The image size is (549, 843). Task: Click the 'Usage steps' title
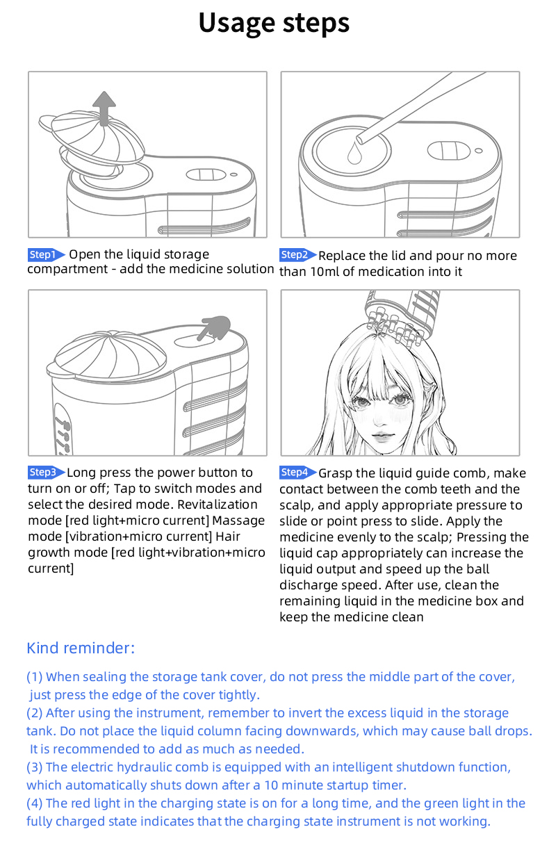click(274, 24)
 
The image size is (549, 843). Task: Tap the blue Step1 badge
click(47, 255)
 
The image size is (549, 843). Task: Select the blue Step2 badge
click(297, 255)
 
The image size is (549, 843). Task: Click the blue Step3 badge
click(47, 473)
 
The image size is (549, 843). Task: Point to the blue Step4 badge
click(297, 473)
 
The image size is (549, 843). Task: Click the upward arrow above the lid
click(104, 108)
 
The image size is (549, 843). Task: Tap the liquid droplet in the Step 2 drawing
click(354, 152)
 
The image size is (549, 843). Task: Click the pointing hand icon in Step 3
click(214, 327)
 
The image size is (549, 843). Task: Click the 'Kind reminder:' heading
click(81, 648)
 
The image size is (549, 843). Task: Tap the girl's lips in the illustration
click(382, 436)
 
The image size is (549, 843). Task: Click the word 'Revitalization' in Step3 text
click(218, 505)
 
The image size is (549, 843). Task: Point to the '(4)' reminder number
click(34, 803)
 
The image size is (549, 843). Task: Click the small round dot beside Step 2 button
click(479, 151)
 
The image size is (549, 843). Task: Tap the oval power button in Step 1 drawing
click(206, 174)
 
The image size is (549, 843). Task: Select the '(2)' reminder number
click(34, 713)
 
